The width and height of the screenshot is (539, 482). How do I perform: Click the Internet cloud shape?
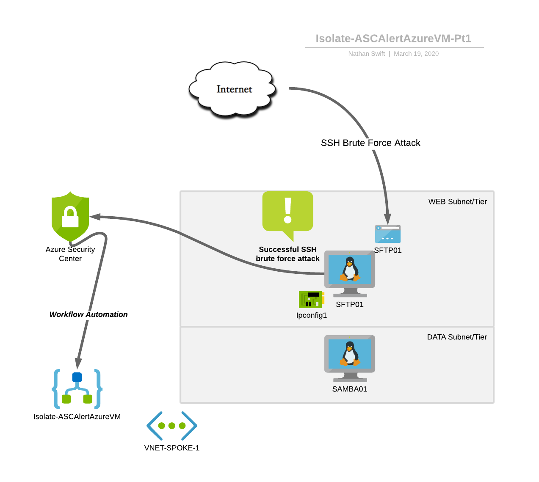point(232,89)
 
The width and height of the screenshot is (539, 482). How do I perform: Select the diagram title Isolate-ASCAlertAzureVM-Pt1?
point(393,39)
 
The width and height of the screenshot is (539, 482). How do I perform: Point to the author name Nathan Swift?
point(366,54)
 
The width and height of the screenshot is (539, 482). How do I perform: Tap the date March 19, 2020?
point(416,54)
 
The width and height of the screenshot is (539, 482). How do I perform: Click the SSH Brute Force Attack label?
point(370,143)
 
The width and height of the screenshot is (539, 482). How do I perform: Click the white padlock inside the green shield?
point(70,218)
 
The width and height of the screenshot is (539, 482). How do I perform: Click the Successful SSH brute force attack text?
point(287,254)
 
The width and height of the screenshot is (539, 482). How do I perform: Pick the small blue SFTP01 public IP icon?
point(388,234)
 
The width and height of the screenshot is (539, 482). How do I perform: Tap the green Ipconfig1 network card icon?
point(311,299)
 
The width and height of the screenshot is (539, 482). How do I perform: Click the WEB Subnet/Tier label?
point(457,202)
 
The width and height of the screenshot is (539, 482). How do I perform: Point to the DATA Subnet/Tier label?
point(457,337)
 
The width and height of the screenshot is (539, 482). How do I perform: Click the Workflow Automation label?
point(88,314)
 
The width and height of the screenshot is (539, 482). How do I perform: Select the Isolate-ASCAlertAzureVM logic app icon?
point(77,389)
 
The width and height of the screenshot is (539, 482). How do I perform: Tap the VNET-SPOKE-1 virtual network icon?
point(172,426)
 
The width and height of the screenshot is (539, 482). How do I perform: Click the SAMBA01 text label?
point(350,389)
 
